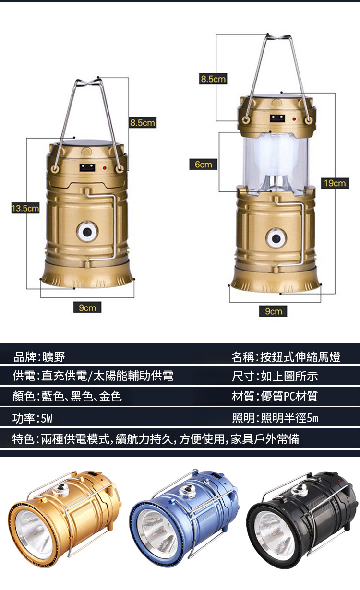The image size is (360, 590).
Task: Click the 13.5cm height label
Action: (x=25, y=209)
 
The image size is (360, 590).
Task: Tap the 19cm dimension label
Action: (x=335, y=183)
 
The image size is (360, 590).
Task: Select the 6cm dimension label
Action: (x=203, y=165)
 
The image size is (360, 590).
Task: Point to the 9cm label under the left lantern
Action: (x=87, y=307)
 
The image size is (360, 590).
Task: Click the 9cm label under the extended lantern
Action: (x=273, y=311)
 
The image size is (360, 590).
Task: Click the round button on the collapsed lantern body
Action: (x=87, y=232)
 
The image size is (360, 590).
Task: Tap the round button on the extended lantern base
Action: (x=276, y=237)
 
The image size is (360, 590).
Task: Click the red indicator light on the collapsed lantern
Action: (x=104, y=168)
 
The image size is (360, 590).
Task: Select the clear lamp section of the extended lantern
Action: (x=276, y=161)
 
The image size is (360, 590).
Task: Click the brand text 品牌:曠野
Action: (x=39, y=357)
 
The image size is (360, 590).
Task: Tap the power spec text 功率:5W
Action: (x=33, y=419)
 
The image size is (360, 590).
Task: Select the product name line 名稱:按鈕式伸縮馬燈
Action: (x=286, y=357)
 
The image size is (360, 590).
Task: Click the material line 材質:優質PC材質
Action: (x=275, y=396)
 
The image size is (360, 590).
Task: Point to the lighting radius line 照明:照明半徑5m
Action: (x=275, y=419)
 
